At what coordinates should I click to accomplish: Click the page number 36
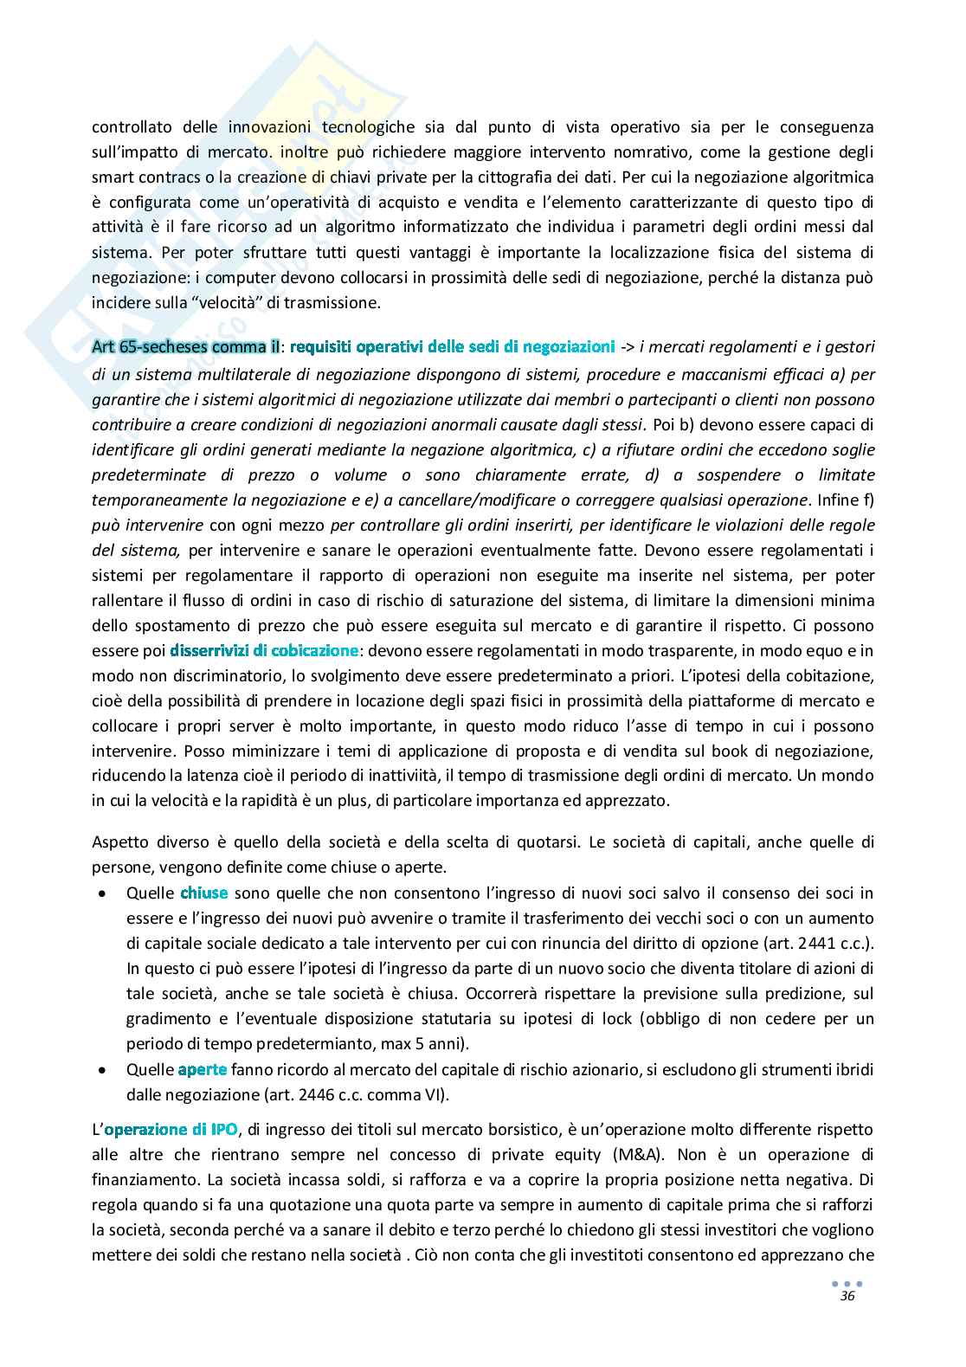pyautogui.click(x=847, y=1296)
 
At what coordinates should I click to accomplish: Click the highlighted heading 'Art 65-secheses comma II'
pyautogui.click(x=185, y=347)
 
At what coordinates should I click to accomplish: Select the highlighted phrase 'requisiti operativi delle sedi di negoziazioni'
pyautogui.click(x=452, y=347)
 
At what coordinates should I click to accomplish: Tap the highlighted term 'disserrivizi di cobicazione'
pyautogui.click(x=264, y=649)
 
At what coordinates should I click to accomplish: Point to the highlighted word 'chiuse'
pyautogui.click(x=204, y=893)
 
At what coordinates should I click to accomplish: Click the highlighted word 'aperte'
pyautogui.click(x=203, y=1069)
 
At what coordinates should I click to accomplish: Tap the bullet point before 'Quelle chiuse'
pyautogui.click(x=104, y=893)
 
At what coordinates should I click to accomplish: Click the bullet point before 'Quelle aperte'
pyautogui.click(x=104, y=1070)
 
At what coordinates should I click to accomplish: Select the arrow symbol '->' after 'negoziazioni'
pyautogui.click(x=628, y=347)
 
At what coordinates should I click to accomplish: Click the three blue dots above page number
pyautogui.click(x=847, y=1283)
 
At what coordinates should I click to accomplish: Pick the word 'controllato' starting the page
pyautogui.click(x=131, y=127)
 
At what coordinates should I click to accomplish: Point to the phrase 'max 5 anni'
pyautogui.click(x=428, y=1043)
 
